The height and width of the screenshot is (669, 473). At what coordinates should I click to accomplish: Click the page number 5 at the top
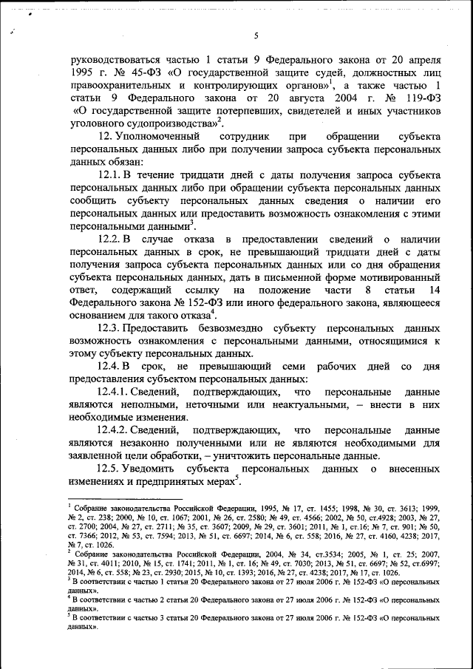[x=255, y=36]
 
